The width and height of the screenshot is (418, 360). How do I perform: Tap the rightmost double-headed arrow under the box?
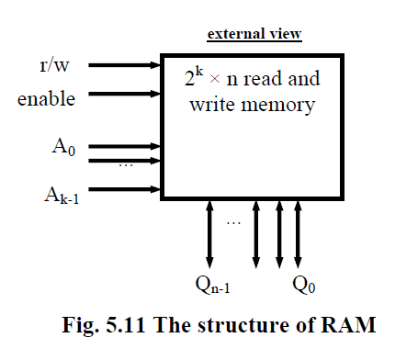point(298,233)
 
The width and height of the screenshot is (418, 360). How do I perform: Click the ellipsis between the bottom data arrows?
point(232,222)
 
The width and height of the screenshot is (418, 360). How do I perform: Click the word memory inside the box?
point(279,105)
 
